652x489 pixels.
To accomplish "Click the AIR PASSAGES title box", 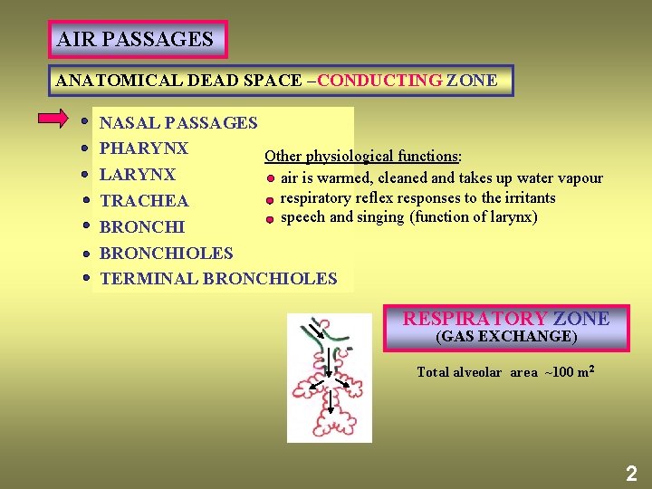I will click(x=136, y=40).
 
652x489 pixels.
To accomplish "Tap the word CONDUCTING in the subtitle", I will click(x=379, y=81).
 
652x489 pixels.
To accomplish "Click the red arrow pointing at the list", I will click(x=53, y=119).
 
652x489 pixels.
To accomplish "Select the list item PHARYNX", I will click(x=143, y=149).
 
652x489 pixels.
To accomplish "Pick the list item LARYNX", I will click(x=137, y=175).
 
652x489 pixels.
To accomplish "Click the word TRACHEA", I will click(x=144, y=201).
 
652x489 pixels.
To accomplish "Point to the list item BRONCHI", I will click(x=141, y=227).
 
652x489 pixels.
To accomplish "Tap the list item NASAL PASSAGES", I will click(x=177, y=123).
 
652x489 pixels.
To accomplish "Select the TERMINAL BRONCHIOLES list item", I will click(x=217, y=279).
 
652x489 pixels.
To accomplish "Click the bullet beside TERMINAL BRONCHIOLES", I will click(x=83, y=279).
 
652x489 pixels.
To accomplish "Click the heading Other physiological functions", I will click(x=363, y=157).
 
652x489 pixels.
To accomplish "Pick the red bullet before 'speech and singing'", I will click(x=269, y=219).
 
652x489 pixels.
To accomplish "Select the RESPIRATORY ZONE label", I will click(x=505, y=319).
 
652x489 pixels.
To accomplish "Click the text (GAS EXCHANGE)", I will click(x=505, y=337).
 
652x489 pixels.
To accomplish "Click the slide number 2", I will click(x=630, y=473).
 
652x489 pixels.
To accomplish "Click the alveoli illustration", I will click(x=328, y=378).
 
